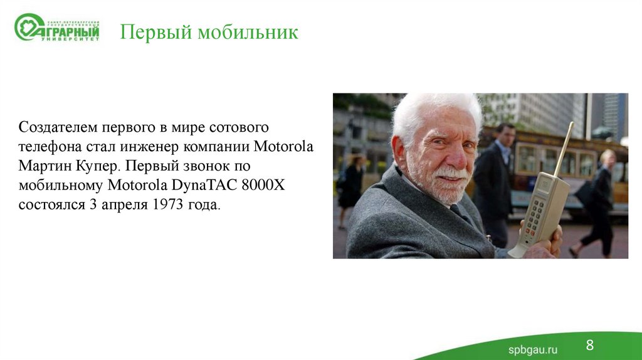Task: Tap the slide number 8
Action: pos(590,345)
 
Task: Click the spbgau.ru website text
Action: pos(532,349)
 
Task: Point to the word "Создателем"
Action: pos(58,127)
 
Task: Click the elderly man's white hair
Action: pos(433,109)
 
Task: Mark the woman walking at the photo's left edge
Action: pos(350,188)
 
